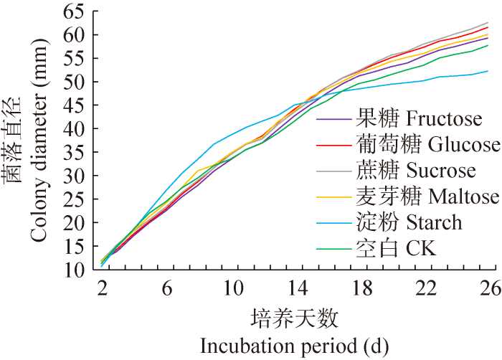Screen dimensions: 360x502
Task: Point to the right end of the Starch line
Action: pos(488,71)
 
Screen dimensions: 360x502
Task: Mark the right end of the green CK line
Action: pos(488,45)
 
